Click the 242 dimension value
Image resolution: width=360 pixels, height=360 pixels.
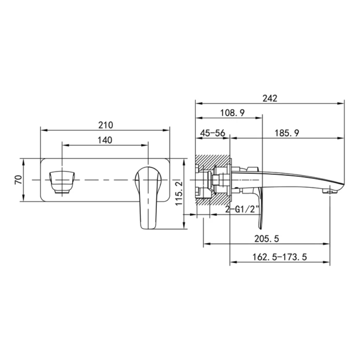[270, 98]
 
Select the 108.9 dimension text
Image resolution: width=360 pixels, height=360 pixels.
[232, 113]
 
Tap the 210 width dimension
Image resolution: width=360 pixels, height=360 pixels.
[106, 125]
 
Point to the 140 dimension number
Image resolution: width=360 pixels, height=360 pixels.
[105, 140]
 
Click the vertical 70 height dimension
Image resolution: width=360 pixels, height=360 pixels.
[18, 179]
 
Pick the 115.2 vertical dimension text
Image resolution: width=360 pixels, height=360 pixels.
[179, 193]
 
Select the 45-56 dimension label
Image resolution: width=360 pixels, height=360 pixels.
[213, 133]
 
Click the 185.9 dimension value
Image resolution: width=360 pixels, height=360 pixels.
[287, 133]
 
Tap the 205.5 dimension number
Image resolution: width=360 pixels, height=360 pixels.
[266, 239]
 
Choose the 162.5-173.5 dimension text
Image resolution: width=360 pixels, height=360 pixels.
[280, 257]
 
